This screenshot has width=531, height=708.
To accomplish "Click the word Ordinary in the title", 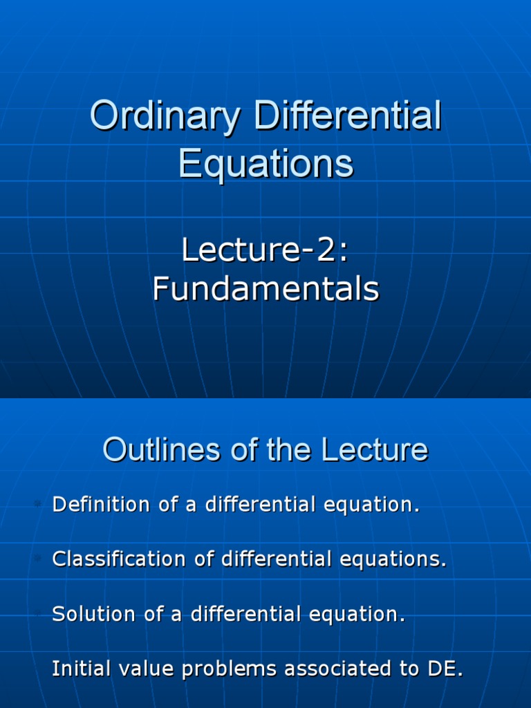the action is point(165,116).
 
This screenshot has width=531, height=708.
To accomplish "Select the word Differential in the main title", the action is point(347,115).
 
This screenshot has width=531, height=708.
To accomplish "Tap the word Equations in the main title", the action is point(266,165).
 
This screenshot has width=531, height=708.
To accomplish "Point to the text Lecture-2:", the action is point(265,249).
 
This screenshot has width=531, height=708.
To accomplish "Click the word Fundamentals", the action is point(266,288).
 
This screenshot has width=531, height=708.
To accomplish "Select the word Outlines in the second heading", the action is point(162,449).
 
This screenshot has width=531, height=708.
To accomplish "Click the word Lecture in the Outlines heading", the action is point(374,449).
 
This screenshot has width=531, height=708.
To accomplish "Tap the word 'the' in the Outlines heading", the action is point(288,449).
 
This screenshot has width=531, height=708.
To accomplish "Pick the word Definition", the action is point(101,504).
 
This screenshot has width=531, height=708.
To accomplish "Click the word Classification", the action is point(119,559).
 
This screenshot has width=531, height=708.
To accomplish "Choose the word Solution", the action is point(93,614).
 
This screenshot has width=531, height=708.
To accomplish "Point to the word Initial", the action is point(82,669).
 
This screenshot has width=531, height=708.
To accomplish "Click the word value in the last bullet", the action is point(146,669).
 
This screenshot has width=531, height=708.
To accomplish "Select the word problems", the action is point(229,669).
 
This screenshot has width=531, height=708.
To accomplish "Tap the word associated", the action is point(337,669).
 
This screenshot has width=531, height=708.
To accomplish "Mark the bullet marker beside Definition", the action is point(39,503).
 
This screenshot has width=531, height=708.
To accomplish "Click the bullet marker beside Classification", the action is point(39,558).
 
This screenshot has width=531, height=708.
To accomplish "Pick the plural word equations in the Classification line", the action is point(393,559).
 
